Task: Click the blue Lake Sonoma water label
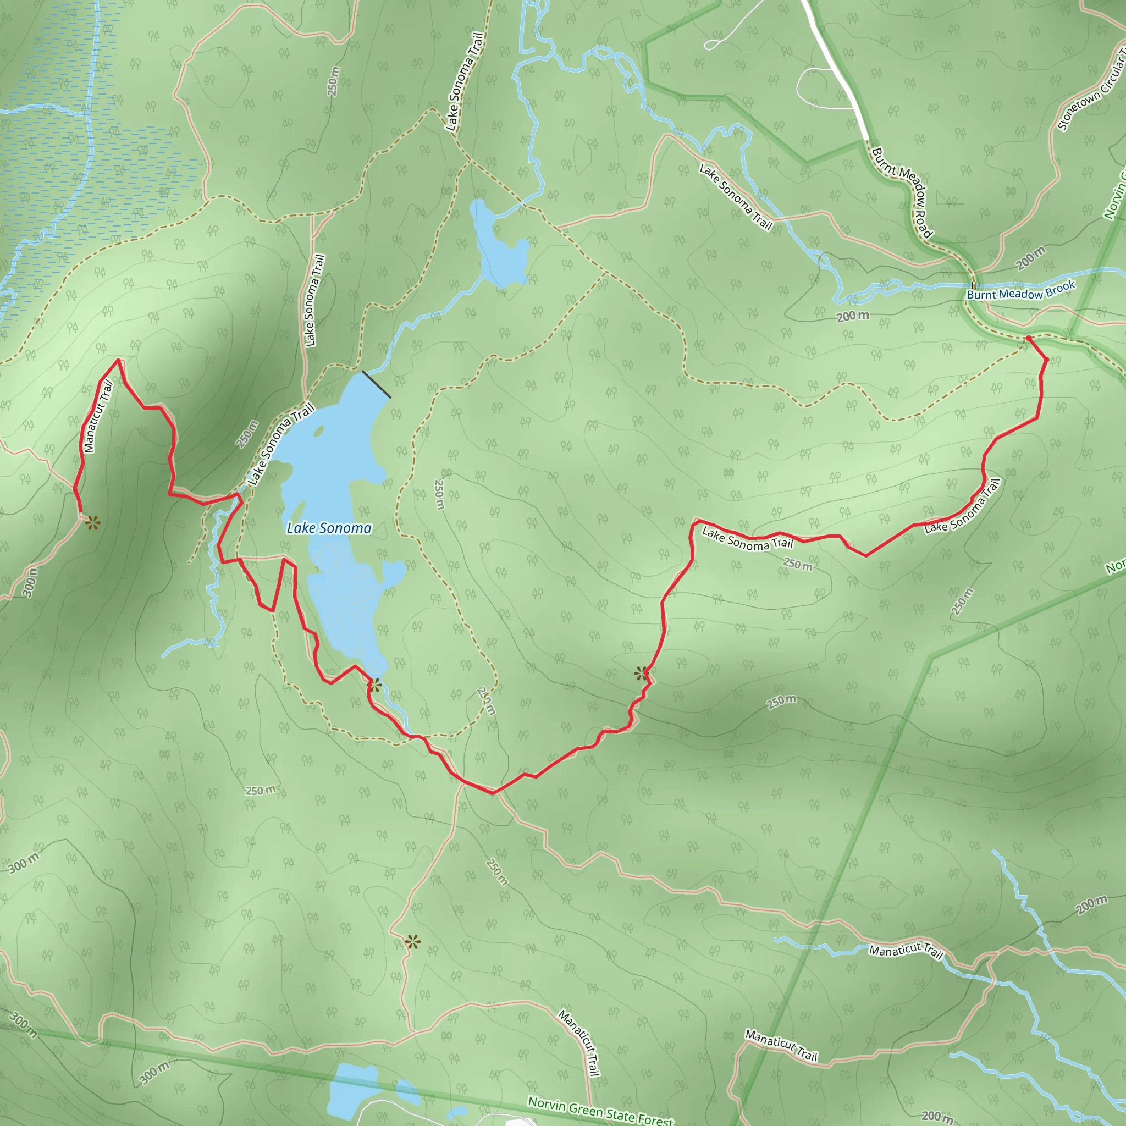329,528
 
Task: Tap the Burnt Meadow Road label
902,192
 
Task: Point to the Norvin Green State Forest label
600,1110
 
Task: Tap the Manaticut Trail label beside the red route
97,416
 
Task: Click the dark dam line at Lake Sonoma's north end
377,384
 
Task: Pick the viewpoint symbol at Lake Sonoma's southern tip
375,686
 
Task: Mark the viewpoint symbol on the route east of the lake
642,674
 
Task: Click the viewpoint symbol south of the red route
413,941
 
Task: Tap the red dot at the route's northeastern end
1028,338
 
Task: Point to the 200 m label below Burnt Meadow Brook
853,316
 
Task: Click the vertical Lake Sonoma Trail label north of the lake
313,300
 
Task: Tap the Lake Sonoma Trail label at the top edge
465,81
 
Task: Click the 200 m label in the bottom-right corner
937,1116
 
